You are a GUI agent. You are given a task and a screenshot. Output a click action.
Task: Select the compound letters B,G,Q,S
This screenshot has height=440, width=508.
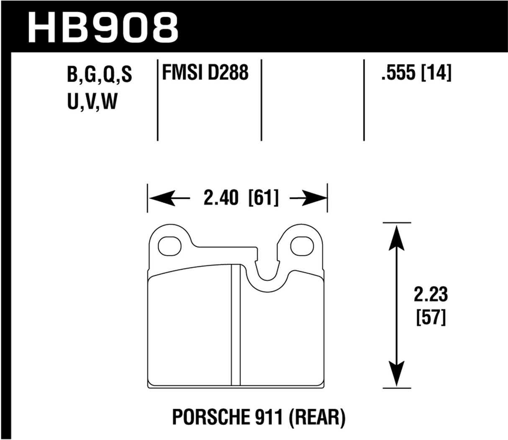click(x=99, y=75)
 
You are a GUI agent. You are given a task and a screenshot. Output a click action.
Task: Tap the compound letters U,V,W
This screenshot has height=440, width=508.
click(x=91, y=102)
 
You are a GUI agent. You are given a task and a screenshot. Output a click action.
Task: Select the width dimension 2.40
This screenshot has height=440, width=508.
click(x=221, y=198)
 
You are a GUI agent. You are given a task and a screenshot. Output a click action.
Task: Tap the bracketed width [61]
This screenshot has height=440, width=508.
click(x=263, y=198)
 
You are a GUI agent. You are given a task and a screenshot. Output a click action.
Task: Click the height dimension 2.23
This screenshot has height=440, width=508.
click(x=431, y=295)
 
